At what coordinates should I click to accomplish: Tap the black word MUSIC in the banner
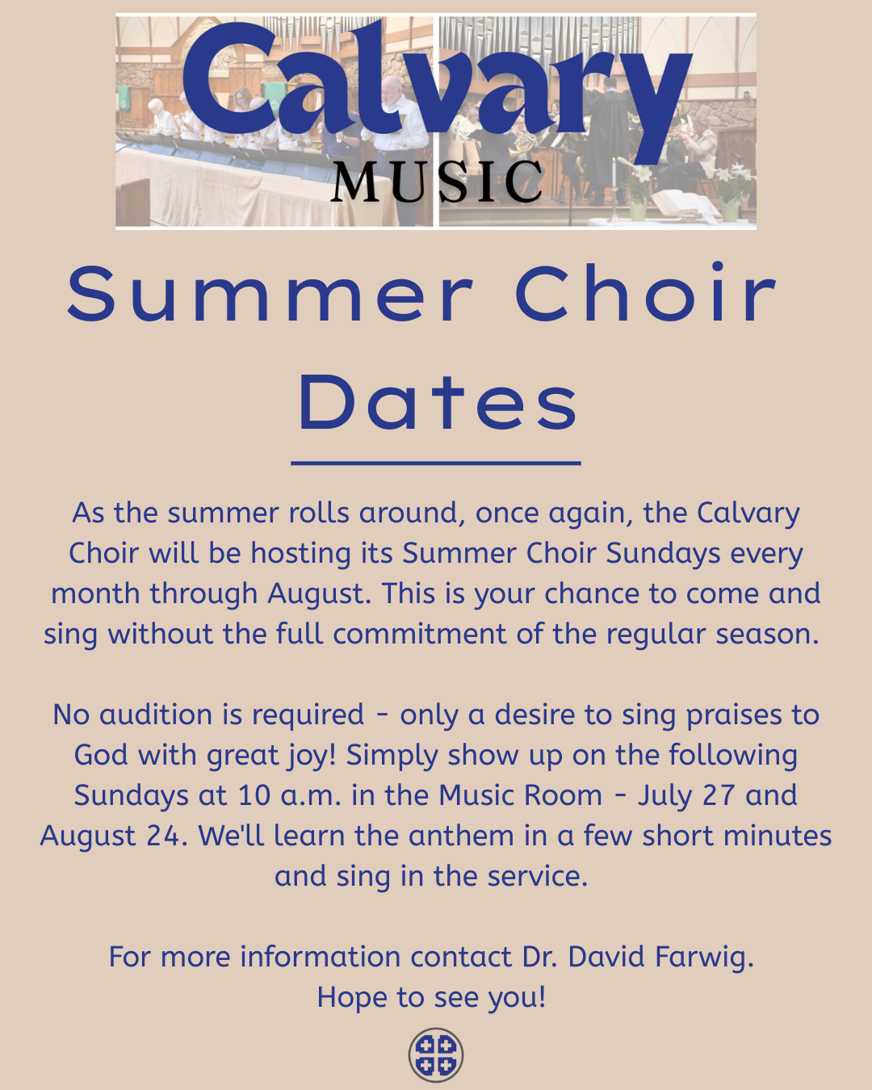click(436, 182)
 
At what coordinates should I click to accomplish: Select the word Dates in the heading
click(438, 403)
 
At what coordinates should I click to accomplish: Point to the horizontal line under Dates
click(436, 463)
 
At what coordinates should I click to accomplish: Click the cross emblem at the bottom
click(436, 1054)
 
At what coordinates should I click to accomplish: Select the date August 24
click(114, 836)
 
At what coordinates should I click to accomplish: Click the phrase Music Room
click(520, 795)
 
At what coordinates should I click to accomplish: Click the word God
click(99, 755)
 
